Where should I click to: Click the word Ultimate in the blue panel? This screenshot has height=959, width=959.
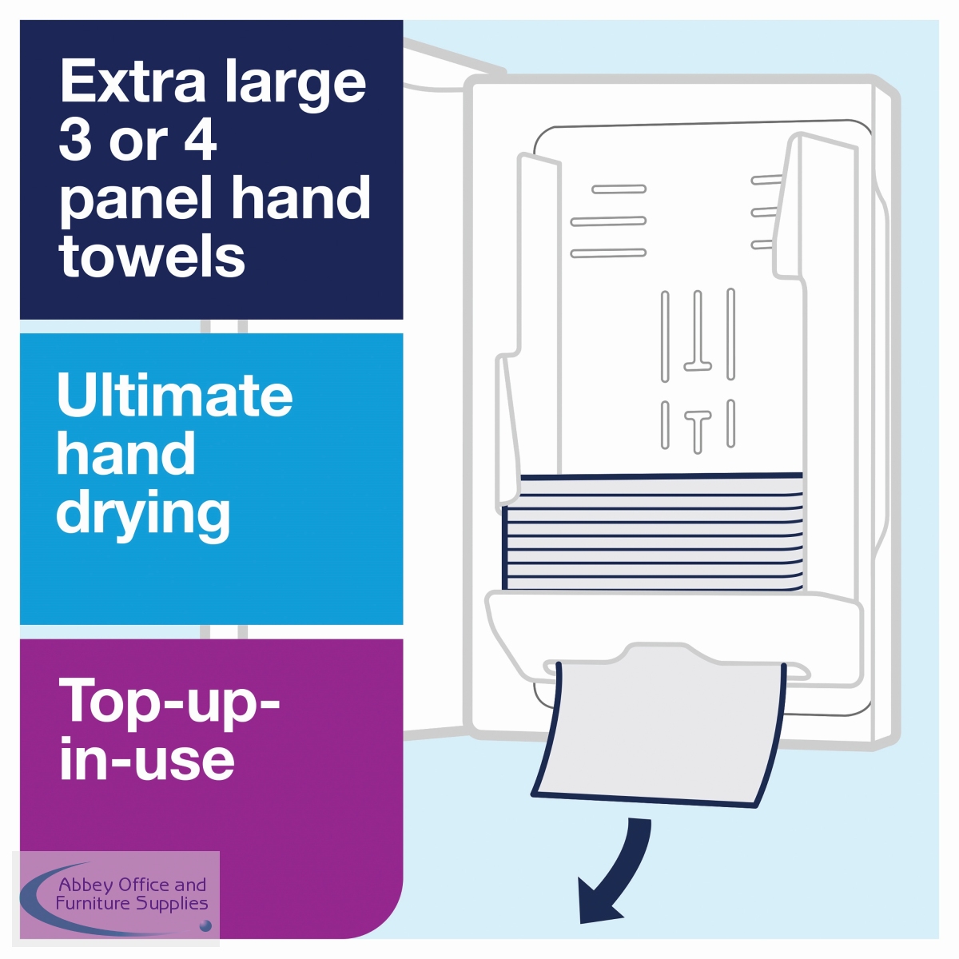[175, 395]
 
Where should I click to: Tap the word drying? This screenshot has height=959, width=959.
[143, 513]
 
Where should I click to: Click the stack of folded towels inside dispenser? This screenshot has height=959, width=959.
[652, 532]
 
